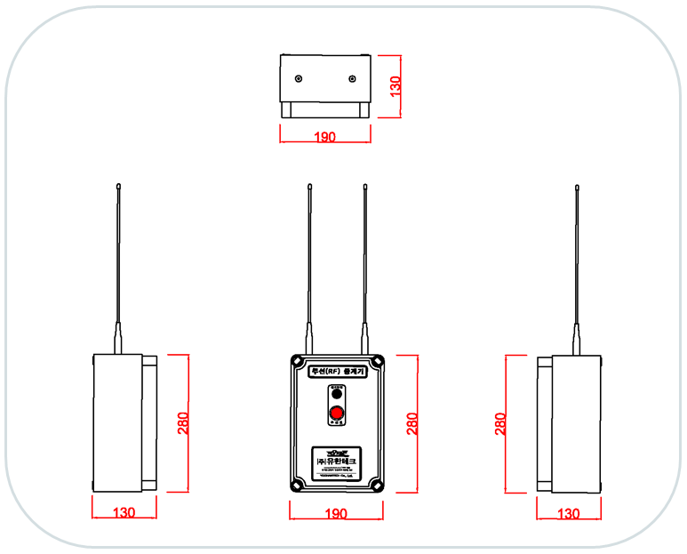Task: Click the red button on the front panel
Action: click(337, 413)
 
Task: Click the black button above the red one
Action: click(337, 394)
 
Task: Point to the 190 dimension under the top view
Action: click(325, 138)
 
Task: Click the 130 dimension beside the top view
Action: click(396, 85)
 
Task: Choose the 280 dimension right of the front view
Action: click(412, 422)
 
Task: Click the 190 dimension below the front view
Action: click(336, 514)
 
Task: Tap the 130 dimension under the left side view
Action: click(124, 513)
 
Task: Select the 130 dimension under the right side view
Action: click(568, 513)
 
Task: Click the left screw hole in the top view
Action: click(298, 79)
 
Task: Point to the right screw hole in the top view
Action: click(353, 79)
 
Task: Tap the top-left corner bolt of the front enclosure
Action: click(296, 362)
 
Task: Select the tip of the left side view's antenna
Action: click(118, 186)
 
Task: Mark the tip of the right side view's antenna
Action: click(576, 186)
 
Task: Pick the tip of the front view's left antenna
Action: click(309, 186)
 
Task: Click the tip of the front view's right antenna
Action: click(364, 186)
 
